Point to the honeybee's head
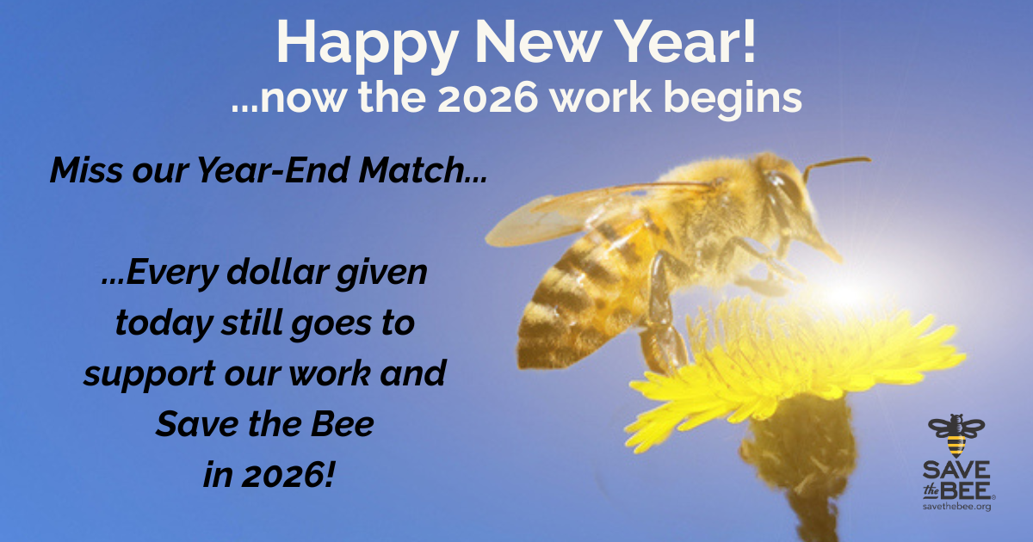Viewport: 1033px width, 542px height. tap(788, 206)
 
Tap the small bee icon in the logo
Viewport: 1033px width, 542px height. tap(956, 435)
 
